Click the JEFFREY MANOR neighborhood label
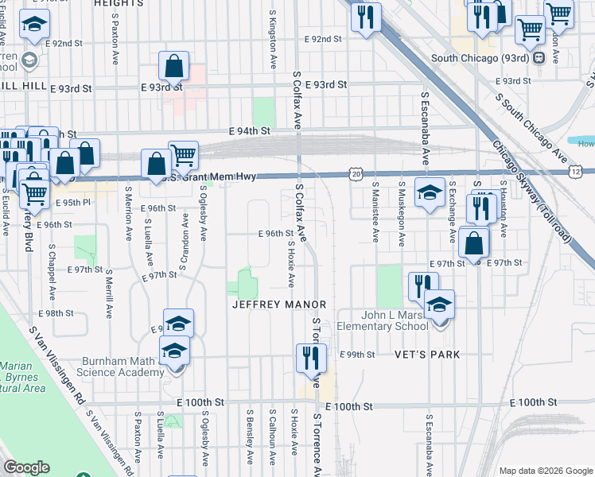click(279, 304)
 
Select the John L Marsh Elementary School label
click(382, 320)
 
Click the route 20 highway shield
click(356, 173)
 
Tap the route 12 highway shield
click(575, 173)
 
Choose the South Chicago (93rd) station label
click(482, 58)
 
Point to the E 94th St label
click(250, 130)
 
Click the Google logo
click(27, 467)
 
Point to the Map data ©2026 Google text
click(545, 471)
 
